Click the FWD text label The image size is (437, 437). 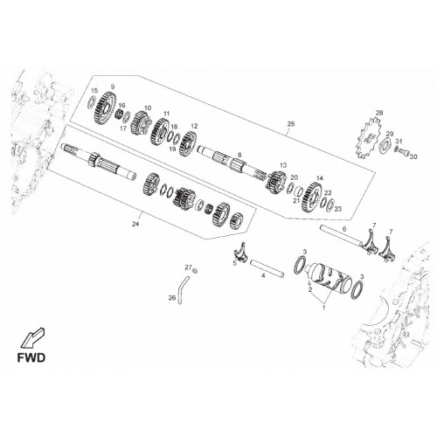pyautogui.click(x=31, y=357)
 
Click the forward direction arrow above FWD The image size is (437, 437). pyautogui.click(x=32, y=338)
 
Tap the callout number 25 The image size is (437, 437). pyautogui.click(x=291, y=124)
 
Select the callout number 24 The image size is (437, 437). pyautogui.click(x=135, y=224)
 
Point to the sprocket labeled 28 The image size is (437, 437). pyautogui.click(x=368, y=137)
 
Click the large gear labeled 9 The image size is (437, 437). pyautogui.click(x=105, y=108)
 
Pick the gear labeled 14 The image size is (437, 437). pyautogui.click(x=314, y=198)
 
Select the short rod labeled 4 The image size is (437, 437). pyautogui.click(x=267, y=268)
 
